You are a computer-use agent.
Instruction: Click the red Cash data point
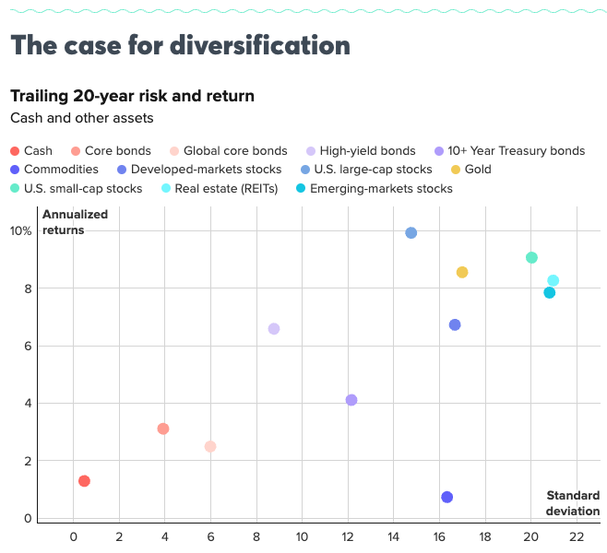(84, 481)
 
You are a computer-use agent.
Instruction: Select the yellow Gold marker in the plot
(462, 272)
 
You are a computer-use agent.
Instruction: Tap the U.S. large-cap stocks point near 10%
(411, 233)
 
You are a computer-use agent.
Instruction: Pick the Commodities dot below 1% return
(447, 497)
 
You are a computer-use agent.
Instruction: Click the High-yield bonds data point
(274, 329)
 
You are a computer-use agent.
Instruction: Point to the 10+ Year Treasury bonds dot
(351, 400)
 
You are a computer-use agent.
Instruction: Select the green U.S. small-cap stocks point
(531, 257)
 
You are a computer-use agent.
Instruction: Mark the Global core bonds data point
(210, 446)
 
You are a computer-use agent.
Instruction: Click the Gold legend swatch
(456, 170)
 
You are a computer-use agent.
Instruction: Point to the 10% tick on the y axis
(21, 231)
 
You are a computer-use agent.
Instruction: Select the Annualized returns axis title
(75, 222)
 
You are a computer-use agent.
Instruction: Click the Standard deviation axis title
(572, 503)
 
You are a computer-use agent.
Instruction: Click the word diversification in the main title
(261, 45)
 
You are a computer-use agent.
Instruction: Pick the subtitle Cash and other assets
(81, 118)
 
